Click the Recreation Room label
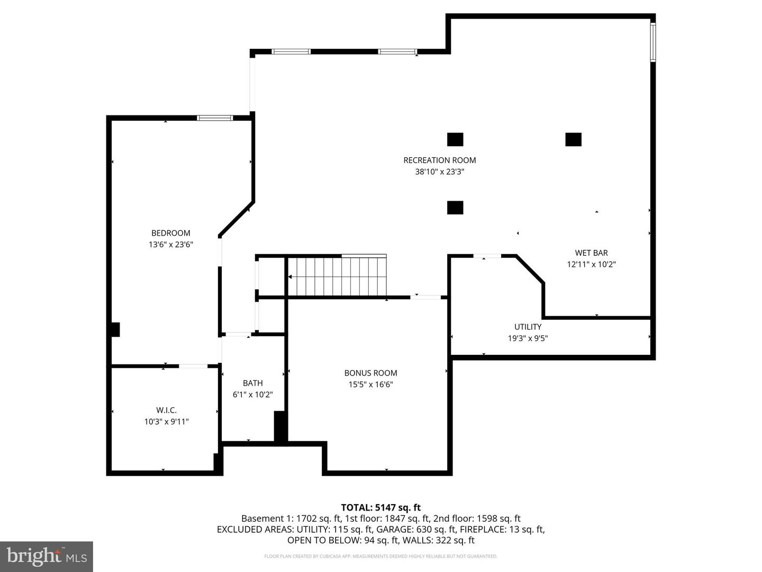pyautogui.click(x=439, y=160)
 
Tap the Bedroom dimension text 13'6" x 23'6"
pyautogui.click(x=170, y=245)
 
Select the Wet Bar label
pyautogui.click(x=591, y=253)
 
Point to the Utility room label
pyautogui.click(x=528, y=327)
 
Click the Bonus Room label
pyautogui.click(x=370, y=373)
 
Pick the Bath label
pyautogui.click(x=252, y=383)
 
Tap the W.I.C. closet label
pyautogui.click(x=166, y=410)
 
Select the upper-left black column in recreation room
pyautogui.click(x=455, y=139)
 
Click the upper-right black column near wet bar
pyautogui.click(x=573, y=139)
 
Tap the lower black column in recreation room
pyautogui.click(x=455, y=207)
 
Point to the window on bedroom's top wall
pyautogui.click(x=215, y=118)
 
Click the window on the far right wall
pyautogui.click(x=653, y=42)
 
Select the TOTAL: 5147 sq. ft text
pyautogui.click(x=380, y=507)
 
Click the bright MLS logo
pyautogui.click(x=47, y=556)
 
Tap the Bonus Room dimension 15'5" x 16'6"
pyautogui.click(x=370, y=385)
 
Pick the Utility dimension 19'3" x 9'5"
pyautogui.click(x=528, y=338)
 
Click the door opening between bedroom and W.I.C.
pyautogui.click(x=193, y=365)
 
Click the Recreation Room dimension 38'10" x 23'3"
pyautogui.click(x=439, y=172)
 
